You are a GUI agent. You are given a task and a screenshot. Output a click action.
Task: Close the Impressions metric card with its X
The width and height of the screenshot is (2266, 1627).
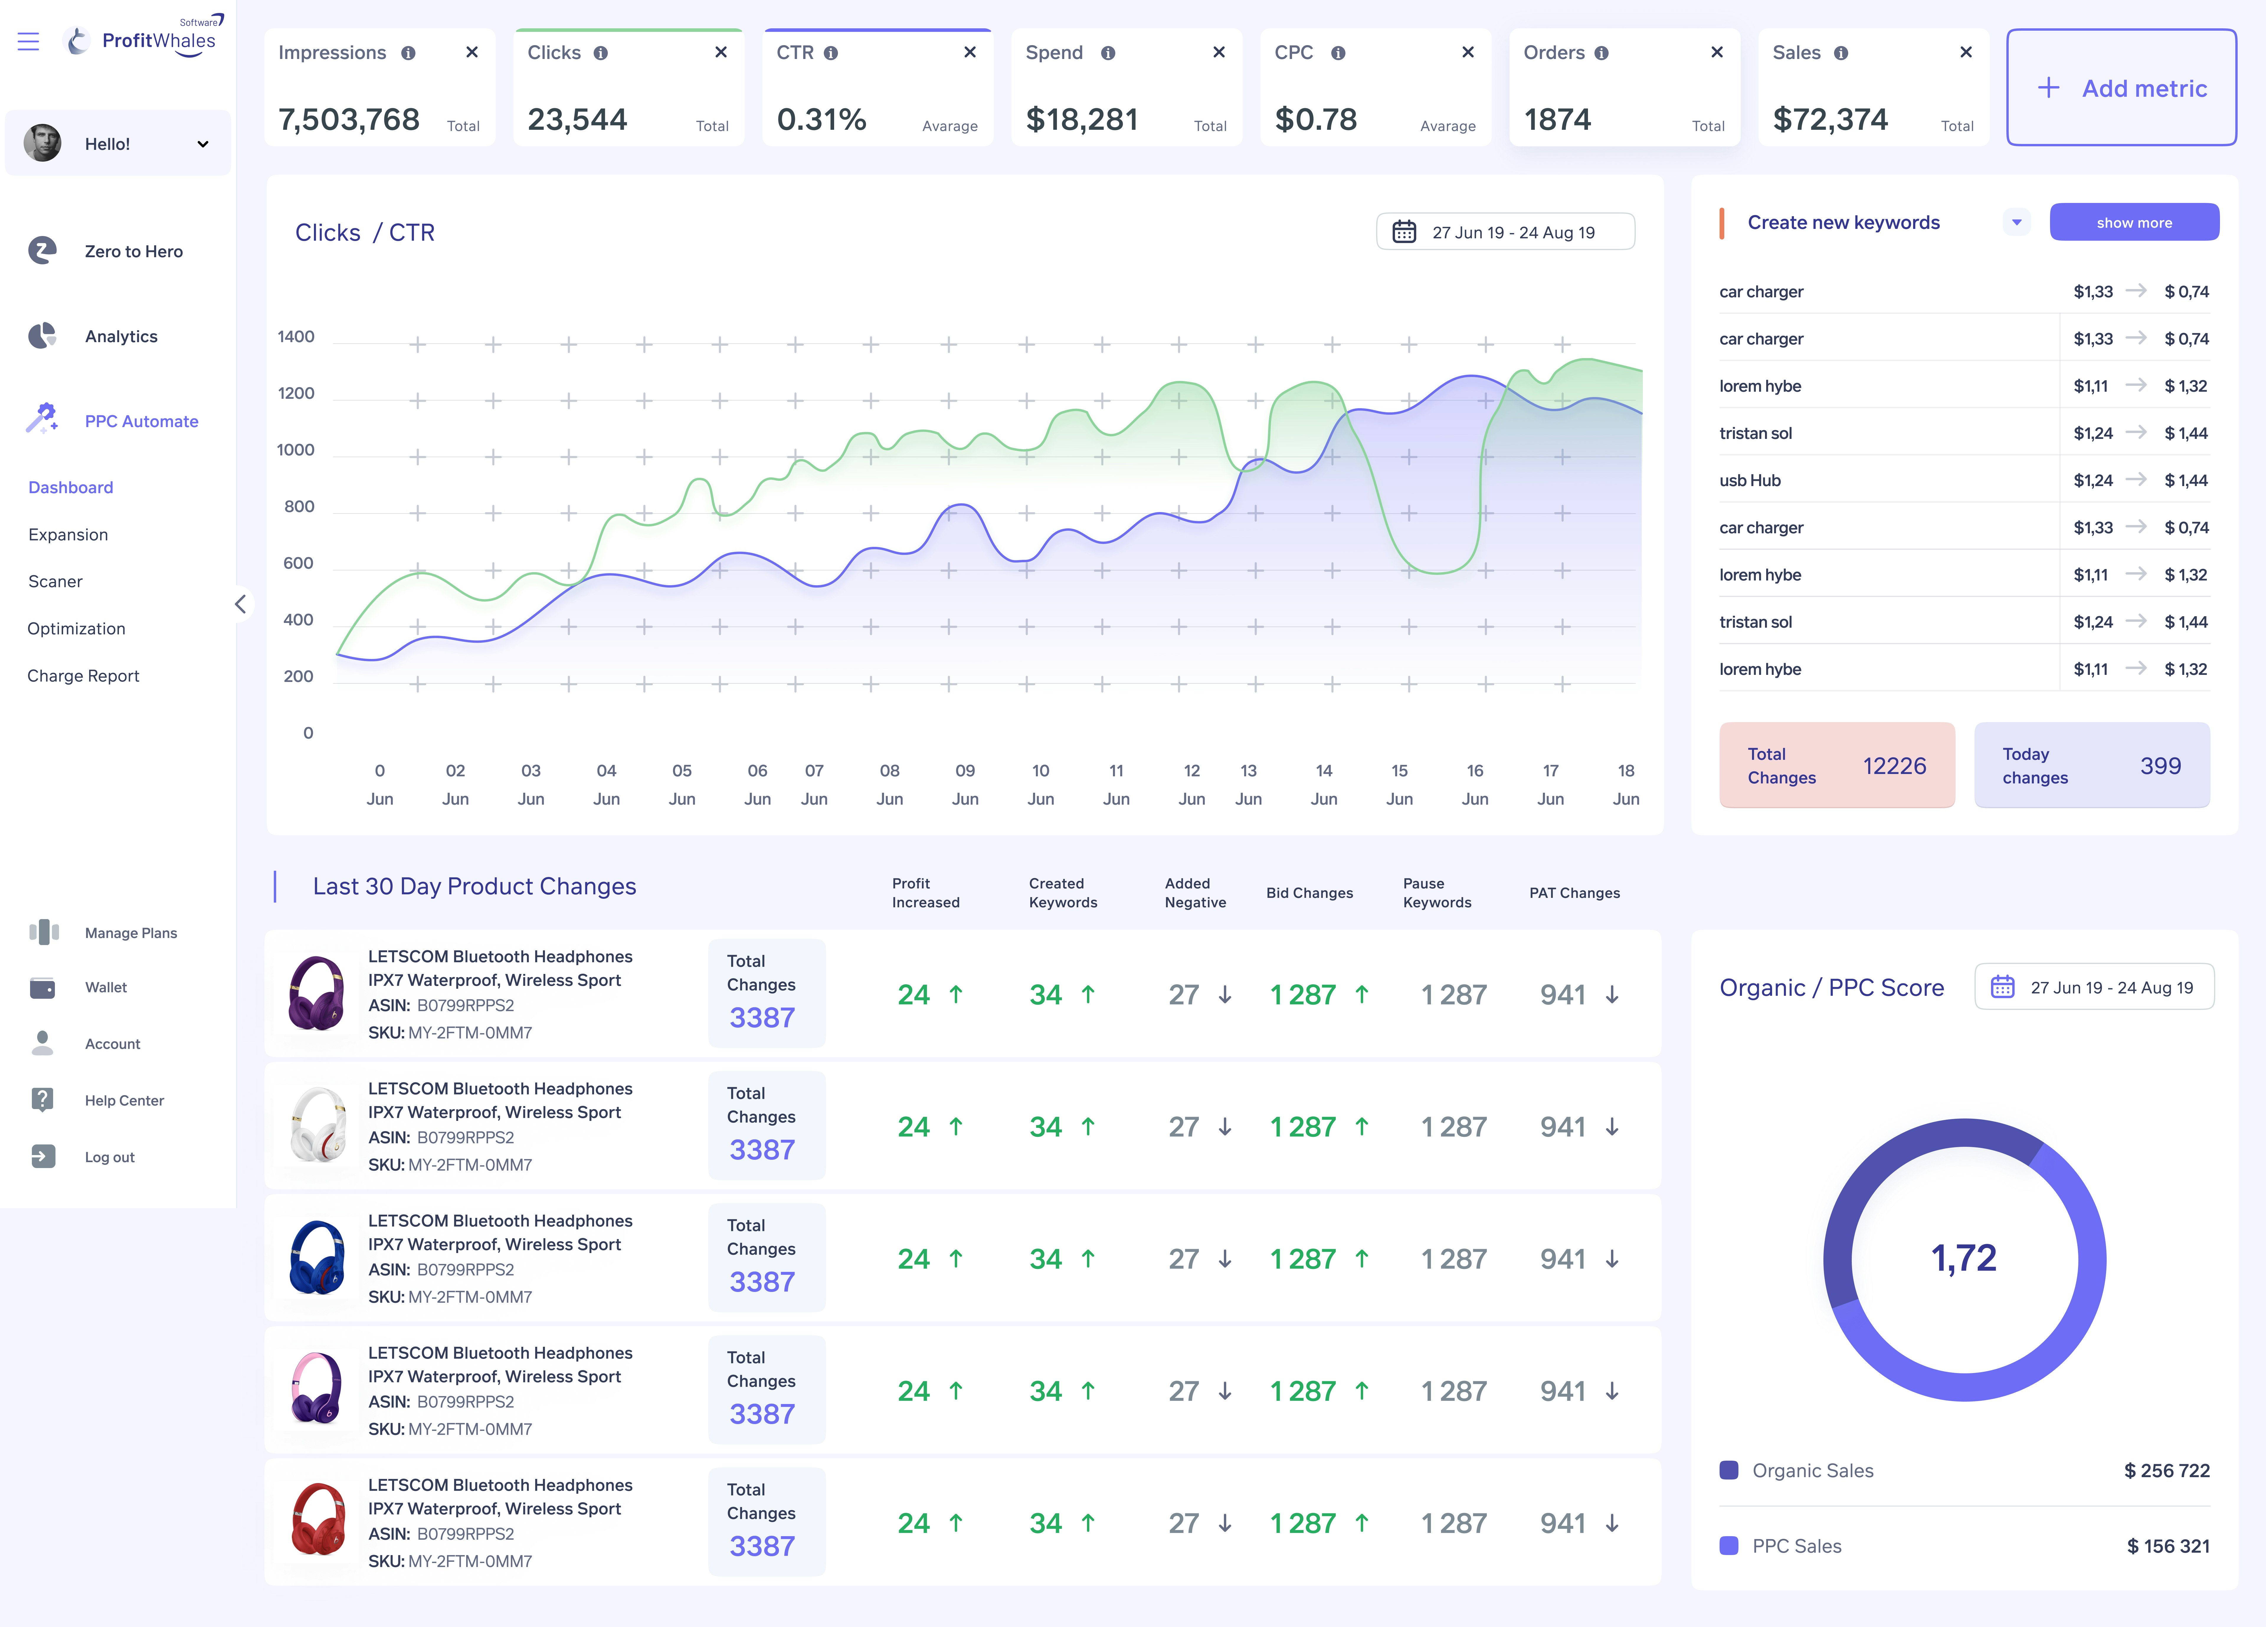coord(471,52)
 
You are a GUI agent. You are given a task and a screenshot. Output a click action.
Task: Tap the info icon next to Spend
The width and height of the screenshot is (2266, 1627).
coord(1107,53)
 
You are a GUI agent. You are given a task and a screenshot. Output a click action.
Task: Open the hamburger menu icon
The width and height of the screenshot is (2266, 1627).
coord(28,41)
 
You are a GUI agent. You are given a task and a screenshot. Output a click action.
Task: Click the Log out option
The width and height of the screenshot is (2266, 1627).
coord(109,1157)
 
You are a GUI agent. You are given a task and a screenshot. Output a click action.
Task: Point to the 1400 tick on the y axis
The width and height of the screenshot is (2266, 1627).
coord(296,337)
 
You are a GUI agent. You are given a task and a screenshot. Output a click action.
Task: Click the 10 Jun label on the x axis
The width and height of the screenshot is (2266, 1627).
coord(1040,784)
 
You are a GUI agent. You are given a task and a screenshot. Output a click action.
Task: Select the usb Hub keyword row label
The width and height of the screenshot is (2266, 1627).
coord(1749,480)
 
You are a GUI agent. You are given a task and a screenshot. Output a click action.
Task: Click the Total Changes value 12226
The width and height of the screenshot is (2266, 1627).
coord(1893,766)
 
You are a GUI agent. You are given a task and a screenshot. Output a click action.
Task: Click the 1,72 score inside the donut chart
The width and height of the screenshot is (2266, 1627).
coord(1963,1257)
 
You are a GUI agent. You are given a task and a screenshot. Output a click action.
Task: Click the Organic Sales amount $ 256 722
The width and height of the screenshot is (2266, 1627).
coord(2166,1470)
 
